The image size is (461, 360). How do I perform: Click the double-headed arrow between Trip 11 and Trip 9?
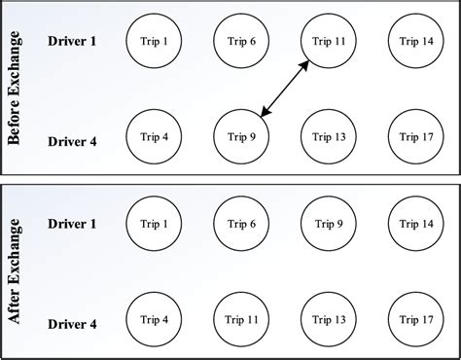(x=285, y=88)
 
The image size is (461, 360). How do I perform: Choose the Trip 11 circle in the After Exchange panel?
(x=241, y=318)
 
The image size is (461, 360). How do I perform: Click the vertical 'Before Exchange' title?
(x=16, y=89)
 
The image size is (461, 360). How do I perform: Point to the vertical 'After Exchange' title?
(x=16, y=270)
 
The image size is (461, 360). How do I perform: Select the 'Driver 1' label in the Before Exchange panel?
(x=73, y=42)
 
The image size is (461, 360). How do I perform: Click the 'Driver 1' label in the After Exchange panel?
(x=73, y=225)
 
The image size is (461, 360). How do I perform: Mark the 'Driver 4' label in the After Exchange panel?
(x=73, y=323)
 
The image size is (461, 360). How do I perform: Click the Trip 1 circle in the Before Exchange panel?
(x=154, y=42)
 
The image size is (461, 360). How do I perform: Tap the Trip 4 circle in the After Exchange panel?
(x=154, y=318)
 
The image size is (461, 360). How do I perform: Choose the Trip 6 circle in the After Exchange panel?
(x=241, y=225)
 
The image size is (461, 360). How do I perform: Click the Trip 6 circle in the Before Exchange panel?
(x=241, y=42)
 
